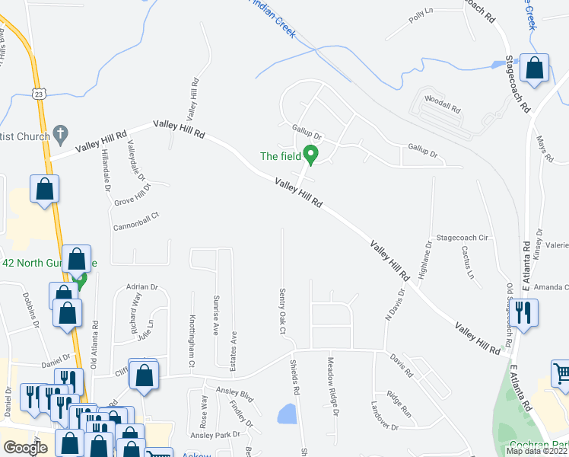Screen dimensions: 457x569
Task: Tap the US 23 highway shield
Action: point(39,92)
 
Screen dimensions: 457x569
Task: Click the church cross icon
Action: point(59,136)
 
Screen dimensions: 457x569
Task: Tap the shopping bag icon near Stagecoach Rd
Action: point(535,67)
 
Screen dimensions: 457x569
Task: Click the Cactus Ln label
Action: point(467,264)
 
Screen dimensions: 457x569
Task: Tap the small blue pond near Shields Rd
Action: point(287,414)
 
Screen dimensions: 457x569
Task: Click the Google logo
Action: point(26,448)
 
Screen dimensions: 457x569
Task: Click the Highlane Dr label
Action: point(428,259)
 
